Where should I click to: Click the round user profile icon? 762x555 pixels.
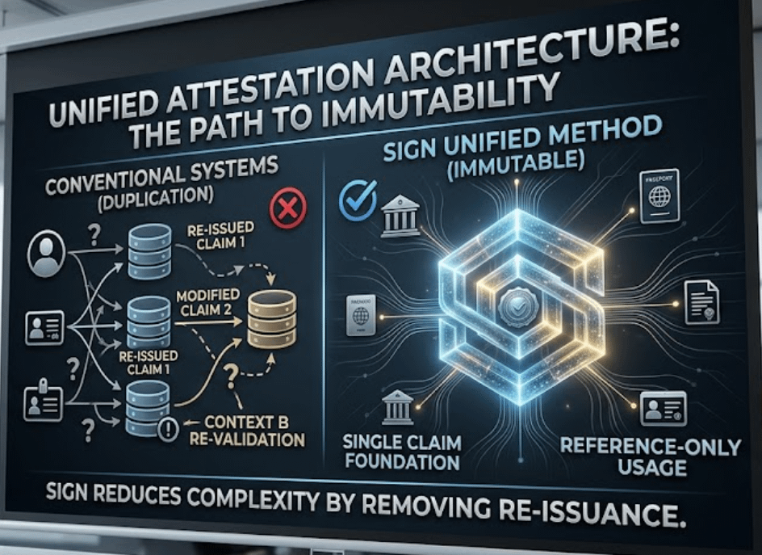46,254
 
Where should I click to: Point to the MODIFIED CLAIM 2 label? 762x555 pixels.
207,304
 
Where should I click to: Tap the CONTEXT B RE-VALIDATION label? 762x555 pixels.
253,431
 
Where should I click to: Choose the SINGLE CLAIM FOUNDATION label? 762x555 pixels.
401,452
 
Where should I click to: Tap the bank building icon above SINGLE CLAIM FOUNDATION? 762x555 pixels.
398,407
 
